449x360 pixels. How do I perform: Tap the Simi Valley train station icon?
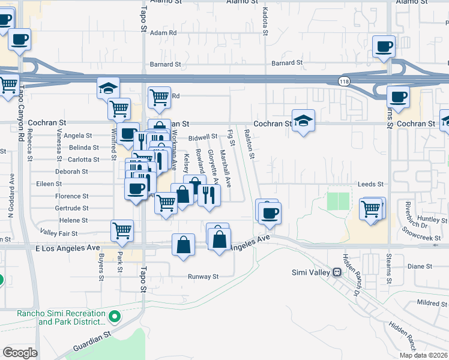tap(337, 272)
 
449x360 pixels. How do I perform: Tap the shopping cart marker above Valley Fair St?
tap(122, 230)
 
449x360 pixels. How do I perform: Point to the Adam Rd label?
tap(164, 33)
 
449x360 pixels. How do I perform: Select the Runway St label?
tap(202, 277)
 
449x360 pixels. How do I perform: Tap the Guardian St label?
tap(92, 343)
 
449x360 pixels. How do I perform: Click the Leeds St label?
tap(371, 184)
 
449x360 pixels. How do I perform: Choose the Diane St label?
tap(420, 266)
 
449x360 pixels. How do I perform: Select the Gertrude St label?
tap(72, 208)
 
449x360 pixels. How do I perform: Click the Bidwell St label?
tap(202, 137)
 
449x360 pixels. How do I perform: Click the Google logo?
tap(20, 353)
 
